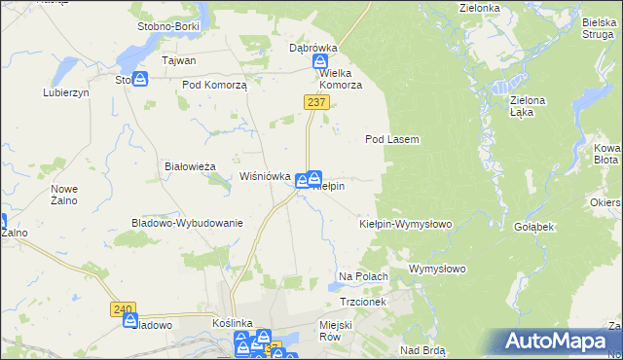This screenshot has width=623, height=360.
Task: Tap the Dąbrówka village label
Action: (312, 47)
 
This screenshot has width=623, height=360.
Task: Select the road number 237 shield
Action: (314, 102)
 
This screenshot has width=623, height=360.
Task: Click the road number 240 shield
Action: (123, 308)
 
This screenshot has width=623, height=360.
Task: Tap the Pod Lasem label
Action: (391, 139)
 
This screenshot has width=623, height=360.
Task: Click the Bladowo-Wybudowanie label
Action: (186, 223)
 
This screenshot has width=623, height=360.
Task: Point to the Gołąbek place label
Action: (533, 226)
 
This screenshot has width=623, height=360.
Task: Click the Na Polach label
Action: (363, 277)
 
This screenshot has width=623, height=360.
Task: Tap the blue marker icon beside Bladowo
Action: (130, 320)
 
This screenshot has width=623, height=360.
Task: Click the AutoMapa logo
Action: (557, 342)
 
